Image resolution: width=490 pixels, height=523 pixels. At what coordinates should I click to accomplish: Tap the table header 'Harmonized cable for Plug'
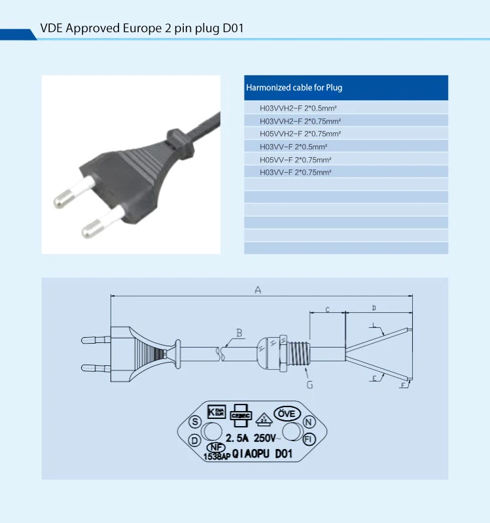coord(294,88)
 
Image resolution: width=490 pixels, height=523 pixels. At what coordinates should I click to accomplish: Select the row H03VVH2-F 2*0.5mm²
coord(302,108)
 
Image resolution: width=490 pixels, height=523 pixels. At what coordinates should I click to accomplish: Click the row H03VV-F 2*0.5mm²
coord(293,147)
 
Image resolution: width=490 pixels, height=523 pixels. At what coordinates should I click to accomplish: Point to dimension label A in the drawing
coord(258,290)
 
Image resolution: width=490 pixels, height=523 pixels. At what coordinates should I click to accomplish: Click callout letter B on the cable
coord(239,333)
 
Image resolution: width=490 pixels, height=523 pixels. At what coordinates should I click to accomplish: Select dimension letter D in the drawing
coord(374,308)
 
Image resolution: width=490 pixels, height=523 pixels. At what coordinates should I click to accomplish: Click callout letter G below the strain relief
coord(309,385)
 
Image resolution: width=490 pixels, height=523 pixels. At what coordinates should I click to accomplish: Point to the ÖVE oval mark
coord(287,414)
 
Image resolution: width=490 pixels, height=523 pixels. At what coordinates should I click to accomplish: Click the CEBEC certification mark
coord(242,414)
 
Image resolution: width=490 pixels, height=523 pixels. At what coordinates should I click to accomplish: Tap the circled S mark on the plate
coord(194,423)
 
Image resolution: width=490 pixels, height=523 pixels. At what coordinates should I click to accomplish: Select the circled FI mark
coord(309,438)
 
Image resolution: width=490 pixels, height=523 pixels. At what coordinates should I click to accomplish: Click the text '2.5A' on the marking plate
coord(237,438)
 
